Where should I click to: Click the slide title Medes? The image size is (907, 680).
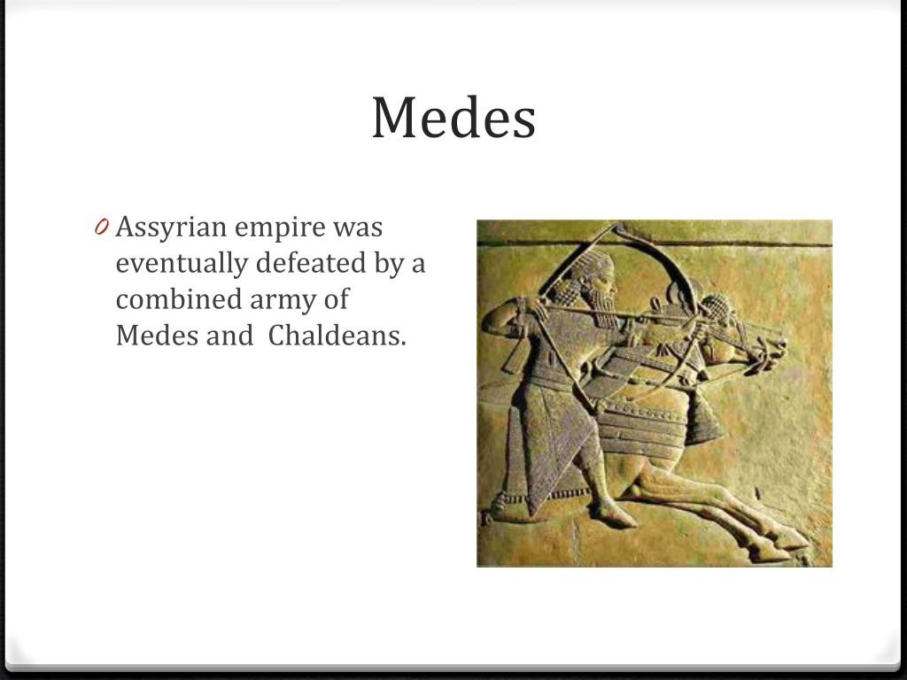(x=453, y=118)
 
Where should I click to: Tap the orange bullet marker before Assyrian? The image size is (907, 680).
(x=101, y=228)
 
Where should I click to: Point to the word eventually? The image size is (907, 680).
(x=183, y=264)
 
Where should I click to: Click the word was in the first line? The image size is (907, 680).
(x=358, y=228)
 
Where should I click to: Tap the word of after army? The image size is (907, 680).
(x=336, y=299)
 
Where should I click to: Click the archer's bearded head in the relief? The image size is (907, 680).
(x=597, y=283)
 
